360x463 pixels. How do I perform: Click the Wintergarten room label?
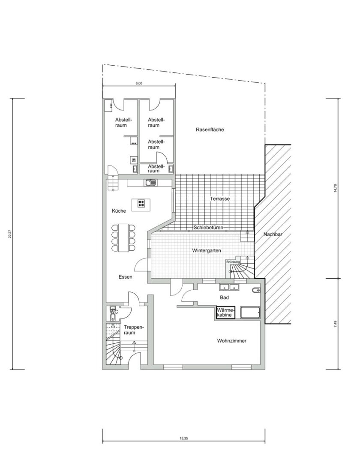point(207,250)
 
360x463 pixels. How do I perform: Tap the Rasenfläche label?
point(210,129)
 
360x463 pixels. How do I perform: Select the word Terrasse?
point(220,199)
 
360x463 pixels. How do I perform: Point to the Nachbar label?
point(273,235)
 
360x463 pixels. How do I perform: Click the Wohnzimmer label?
point(231,341)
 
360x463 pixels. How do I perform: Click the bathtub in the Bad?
point(250,313)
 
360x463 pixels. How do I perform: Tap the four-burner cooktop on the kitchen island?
point(141,203)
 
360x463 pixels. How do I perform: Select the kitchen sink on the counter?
point(150,183)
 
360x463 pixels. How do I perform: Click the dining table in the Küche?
point(123,238)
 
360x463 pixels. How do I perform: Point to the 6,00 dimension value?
point(139,83)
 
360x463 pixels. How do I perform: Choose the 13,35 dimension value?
point(183,438)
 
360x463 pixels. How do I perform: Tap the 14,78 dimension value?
point(335,188)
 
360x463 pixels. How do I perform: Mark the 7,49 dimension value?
point(335,324)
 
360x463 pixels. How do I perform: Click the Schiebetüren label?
point(208,228)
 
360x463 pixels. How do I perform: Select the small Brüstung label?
point(233,262)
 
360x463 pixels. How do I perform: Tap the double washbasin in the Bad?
point(229,287)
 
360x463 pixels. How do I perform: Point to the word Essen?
point(126,277)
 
